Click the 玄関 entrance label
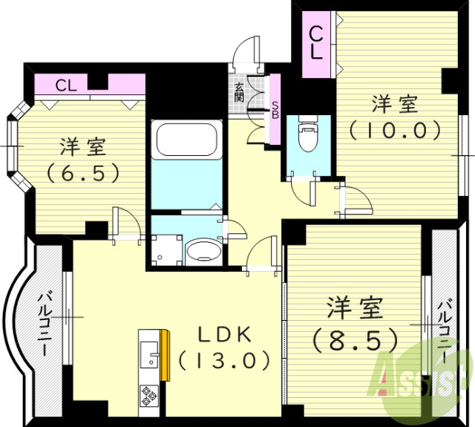(239, 93)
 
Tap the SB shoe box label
(275, 110)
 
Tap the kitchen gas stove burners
(147, 396)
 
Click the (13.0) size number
(223, 361)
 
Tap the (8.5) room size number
(355, 339)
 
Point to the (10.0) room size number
(396, 131)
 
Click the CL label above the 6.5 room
(65, 85)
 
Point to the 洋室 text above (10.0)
(396, 103)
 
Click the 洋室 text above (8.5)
(355, 307)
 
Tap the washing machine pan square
(165, 250)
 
